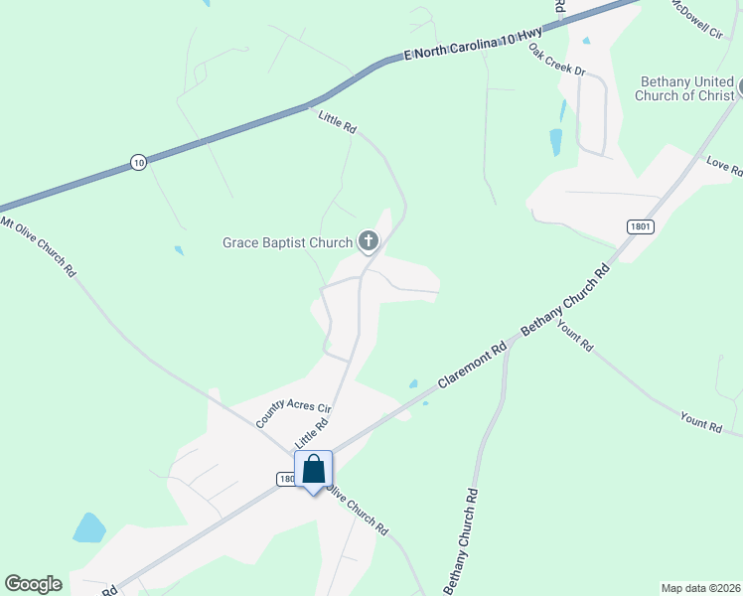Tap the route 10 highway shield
(138, 162)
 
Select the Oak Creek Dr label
(557, 61)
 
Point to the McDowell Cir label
(696, 19)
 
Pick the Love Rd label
(724, 166)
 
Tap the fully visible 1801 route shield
(641, 226)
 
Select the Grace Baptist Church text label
(287, 242)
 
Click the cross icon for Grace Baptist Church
(369, 240)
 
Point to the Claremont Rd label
(472, 365)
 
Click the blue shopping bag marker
(313, 471)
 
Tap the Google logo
(33, 584)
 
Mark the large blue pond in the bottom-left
(88, 527)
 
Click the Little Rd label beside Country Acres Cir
(311, 433)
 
